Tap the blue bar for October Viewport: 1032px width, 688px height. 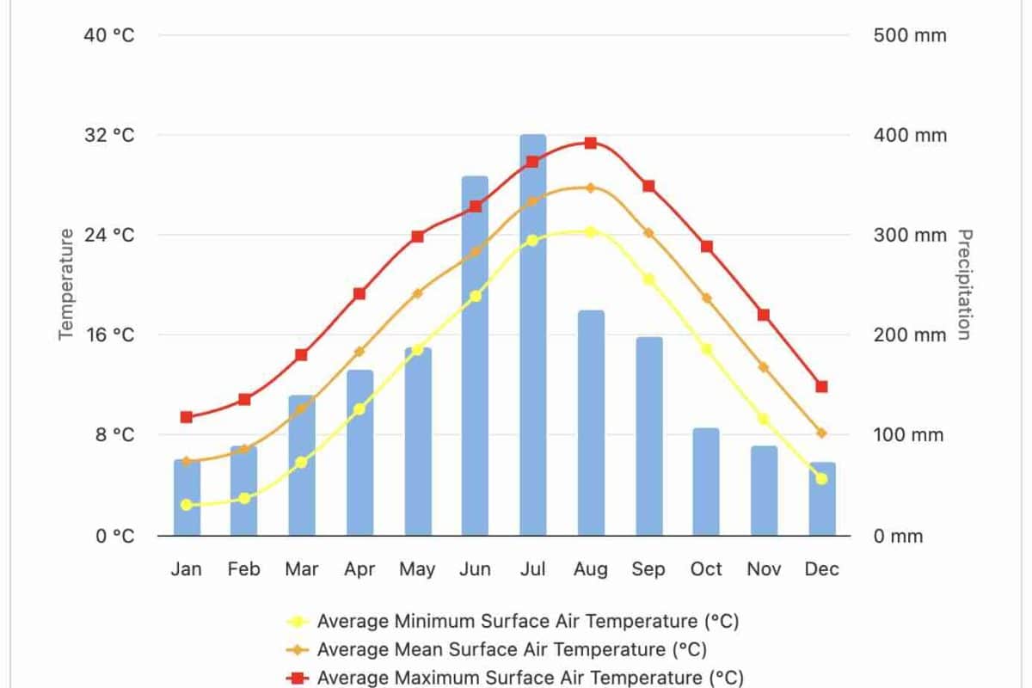(706, 482)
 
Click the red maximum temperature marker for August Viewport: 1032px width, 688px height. (591, 143)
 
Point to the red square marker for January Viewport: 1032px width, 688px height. (187, 417)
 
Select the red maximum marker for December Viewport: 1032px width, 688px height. (821, 386)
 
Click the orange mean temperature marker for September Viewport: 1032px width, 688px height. (648, 233)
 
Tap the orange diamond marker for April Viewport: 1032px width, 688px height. (359, 352)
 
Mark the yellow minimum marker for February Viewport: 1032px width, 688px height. (244, 498)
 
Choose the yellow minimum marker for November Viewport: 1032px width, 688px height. (763, 419)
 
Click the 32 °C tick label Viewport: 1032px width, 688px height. (109, 135)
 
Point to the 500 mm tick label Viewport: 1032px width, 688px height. (910, 35)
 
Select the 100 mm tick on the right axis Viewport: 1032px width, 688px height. (910, 435)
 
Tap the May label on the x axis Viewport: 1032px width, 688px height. (417, 569)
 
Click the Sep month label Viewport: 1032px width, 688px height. (648, 569)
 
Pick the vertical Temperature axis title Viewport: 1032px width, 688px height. (67, 284)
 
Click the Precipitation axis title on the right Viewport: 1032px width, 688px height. (965, 284)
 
